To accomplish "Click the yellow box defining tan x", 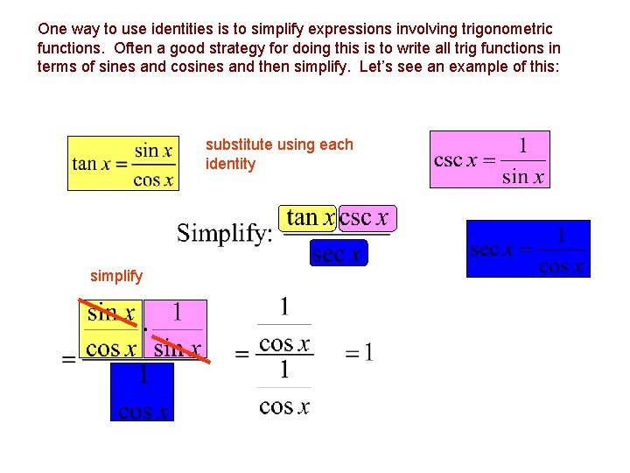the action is coord(122,163).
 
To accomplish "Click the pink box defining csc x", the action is coord(489,159).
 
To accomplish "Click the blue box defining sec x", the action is coord(528,249).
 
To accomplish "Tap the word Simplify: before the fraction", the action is coord(225,233).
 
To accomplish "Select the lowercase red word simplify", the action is coord(116,276).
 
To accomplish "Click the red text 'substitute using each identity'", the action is coord(279,154).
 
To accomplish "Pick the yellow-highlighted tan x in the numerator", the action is coord(310,218).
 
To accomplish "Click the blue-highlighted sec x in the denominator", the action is coord(339,254).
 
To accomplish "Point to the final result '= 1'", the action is coord(359,353).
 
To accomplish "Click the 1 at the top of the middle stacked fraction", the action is coord(284,307).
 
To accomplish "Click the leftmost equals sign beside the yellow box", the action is coord(68,360).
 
